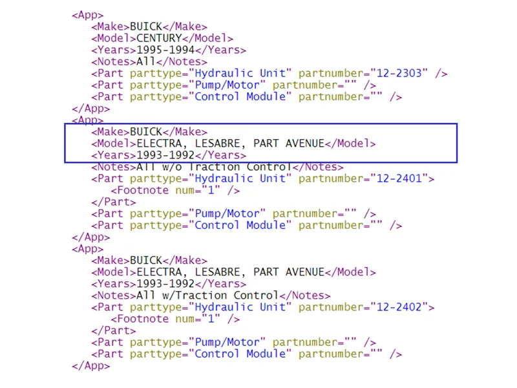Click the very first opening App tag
87,15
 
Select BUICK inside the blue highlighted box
147,132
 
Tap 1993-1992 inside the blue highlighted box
165,155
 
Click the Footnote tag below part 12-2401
175,191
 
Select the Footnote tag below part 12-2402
175,319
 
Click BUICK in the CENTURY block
147,27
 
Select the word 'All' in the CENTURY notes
146,61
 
